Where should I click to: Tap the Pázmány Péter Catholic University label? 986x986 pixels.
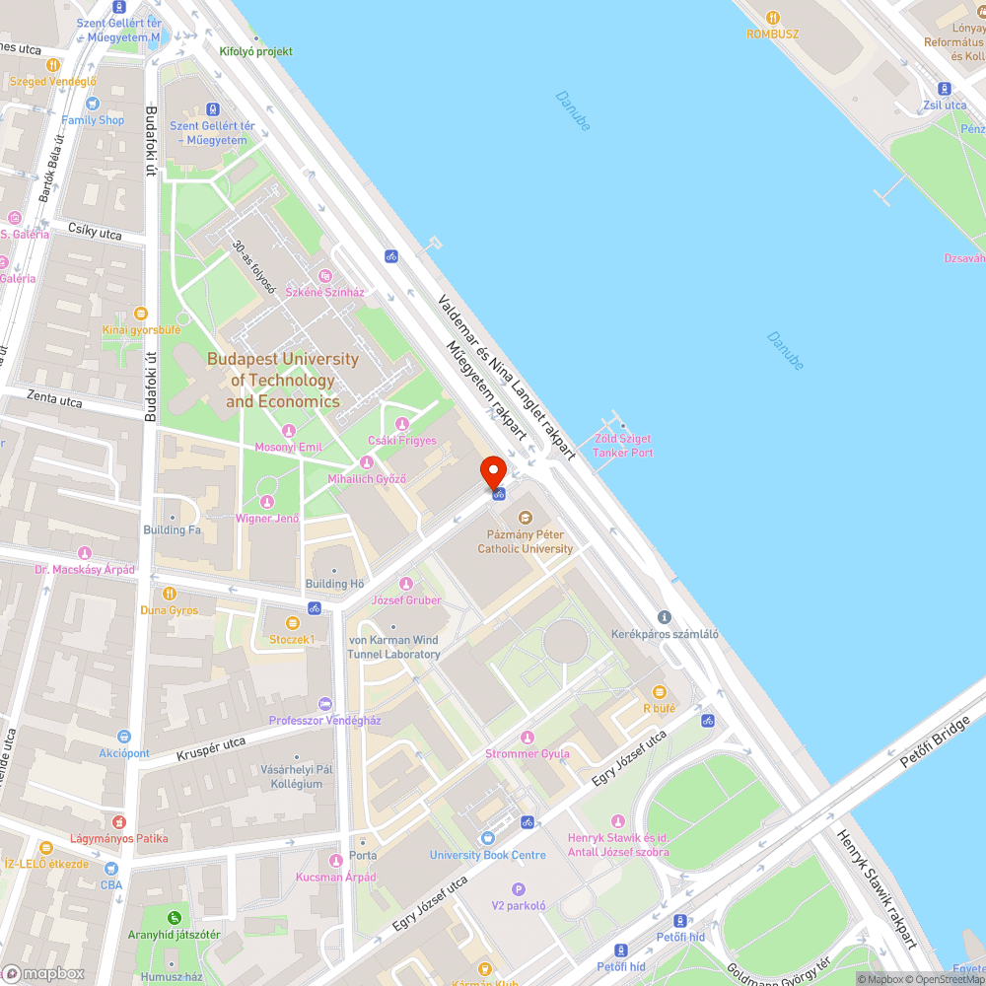[x=525, y=541]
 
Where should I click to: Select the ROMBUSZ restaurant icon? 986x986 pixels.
[x=773, y=17]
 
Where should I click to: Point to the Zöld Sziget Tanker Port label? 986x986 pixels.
[x=622, y=446]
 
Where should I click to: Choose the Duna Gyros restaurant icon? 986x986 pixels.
[x=170, y=594]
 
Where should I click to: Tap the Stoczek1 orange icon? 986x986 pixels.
[x=292, y=623]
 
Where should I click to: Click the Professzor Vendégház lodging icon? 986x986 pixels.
[x=326, y=704]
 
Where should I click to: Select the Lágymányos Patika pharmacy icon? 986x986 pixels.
[x=118, y=821]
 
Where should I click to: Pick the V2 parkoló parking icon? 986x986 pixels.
[x=519, y=888]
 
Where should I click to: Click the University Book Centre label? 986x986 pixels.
[x=487, y=855]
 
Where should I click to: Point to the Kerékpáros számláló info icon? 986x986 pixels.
[x=665, y=617]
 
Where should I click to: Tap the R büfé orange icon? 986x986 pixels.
[x=659, y=692]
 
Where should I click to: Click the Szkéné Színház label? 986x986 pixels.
[x=324, y=292]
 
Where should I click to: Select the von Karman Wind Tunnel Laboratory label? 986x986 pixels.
[x=393, y=647]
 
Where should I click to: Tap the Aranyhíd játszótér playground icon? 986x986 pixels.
[x=174, y=918]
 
